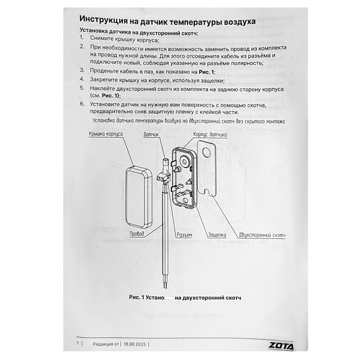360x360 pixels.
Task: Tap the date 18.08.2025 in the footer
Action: (x=135, y=343)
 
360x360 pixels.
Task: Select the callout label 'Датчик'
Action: (x=151, y=134)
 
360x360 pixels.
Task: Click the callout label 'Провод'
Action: (x=137, y=234)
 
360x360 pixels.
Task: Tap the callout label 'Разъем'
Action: (x=184, y=235)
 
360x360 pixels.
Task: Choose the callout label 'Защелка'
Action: (x=217, y=235)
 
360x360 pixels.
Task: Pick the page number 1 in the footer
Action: (x=77, y=343)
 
